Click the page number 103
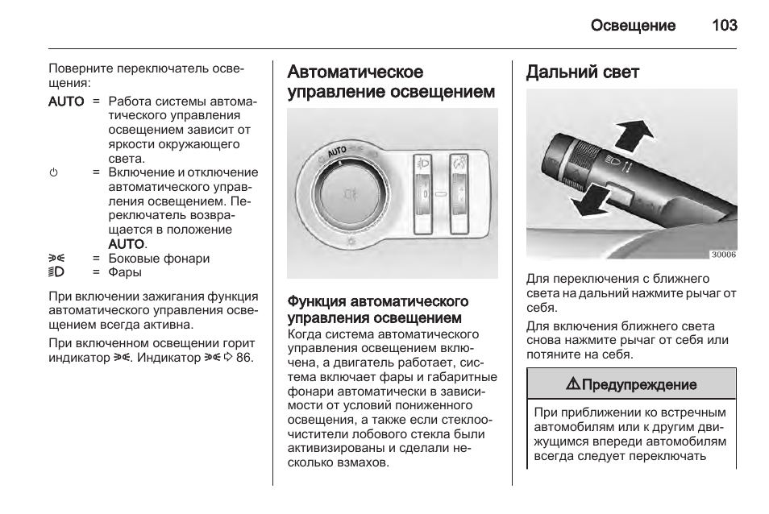point(724,26)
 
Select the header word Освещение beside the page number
point(633,26)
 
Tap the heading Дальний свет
point(582,73)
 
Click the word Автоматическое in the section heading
point(355,73)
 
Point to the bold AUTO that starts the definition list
point(66,102)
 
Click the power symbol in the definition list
point(54,172)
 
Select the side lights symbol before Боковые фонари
point(56,259)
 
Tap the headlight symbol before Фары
point(56,272)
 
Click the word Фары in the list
point(125,272)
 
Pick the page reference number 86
point(244,356)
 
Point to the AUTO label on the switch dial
point(336,151)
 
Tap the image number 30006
point(722,255)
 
